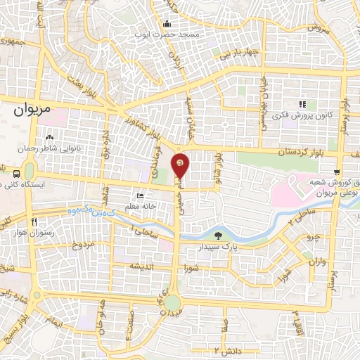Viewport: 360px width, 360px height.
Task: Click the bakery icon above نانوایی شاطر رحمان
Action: [x=49, y=138]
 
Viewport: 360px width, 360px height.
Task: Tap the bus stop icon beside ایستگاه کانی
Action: [x=17, y=172]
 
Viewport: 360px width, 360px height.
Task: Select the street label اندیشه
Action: [x=141, y=266]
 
